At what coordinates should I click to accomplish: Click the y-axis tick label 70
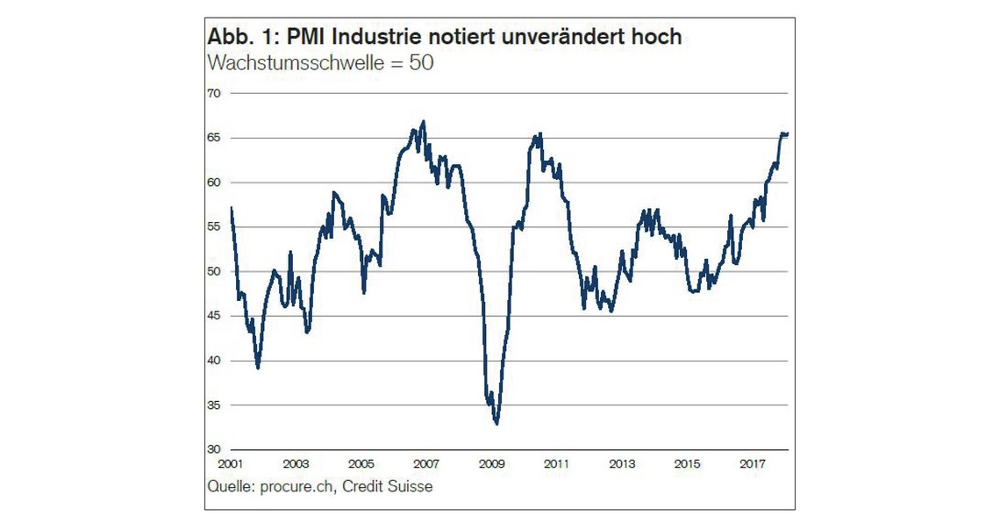pos(214,93)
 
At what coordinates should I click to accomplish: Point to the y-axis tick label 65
pos(214,138)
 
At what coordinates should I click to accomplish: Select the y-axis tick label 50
pos(214,271)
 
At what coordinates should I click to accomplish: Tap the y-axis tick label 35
pos(214,405)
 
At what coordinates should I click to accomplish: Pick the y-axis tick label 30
pos(214,450)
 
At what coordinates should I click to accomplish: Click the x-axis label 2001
pos(231,463)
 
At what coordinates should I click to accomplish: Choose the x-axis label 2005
pos(361,463)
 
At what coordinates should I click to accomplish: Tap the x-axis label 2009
pos(491,463)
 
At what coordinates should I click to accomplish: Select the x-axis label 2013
pos(621,463)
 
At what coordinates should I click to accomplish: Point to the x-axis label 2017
pos(752,463)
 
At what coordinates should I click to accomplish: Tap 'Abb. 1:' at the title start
pos(235,38)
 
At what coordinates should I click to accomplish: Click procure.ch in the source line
pos(299,485)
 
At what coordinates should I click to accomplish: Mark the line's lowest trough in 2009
pos(496,424)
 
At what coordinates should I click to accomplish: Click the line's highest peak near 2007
pos(424,121)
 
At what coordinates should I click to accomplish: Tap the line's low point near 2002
pos(258,368)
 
